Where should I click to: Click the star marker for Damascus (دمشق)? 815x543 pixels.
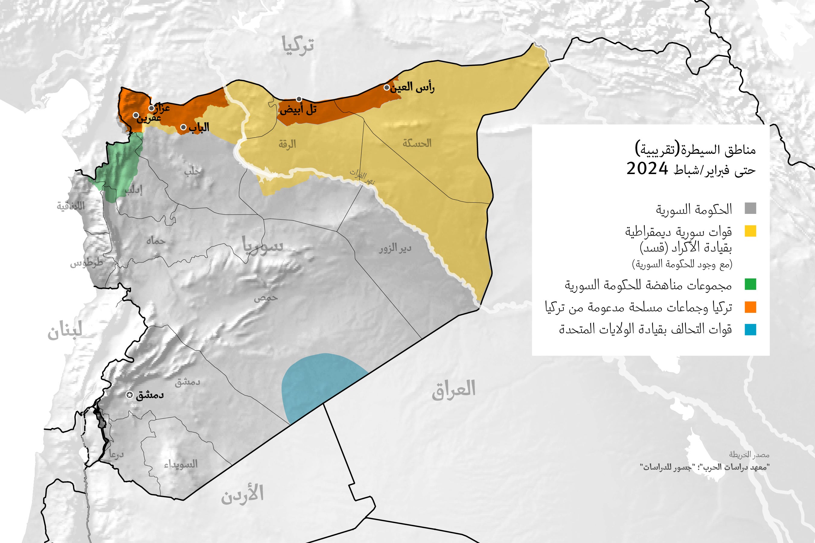coord(129,395)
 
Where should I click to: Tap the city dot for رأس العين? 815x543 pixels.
coord(387,87)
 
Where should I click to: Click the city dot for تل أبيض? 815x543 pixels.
coord(299,99)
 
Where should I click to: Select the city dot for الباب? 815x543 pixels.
coord(183,127)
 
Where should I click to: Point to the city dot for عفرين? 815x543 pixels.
coord(136,115)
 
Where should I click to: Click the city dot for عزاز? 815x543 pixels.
coord(152,108)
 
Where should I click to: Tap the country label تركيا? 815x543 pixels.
coord(298,45)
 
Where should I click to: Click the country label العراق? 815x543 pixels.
coord(454,389)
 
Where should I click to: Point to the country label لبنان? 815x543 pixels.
coord(65,331)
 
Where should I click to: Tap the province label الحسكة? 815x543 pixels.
coord(417,143)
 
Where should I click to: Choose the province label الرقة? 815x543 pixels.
coord(287,144)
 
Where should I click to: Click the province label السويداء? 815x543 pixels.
coord(181,464)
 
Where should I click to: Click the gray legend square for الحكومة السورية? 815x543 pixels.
coord(750,208)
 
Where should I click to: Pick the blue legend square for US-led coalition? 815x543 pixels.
coord(750,329)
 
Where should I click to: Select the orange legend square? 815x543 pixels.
coord(750,307)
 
